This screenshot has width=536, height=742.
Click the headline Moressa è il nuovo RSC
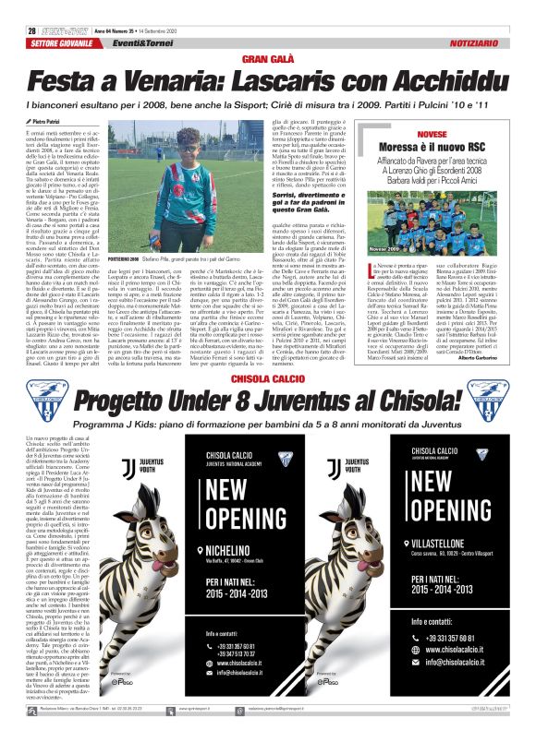(x=432, y=147)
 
